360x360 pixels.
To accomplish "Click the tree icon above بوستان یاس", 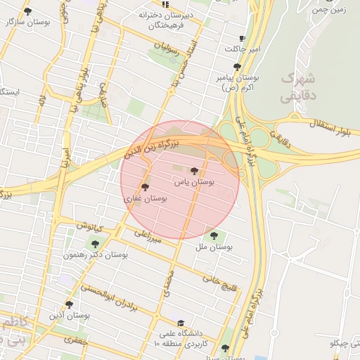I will [x=194, y=170].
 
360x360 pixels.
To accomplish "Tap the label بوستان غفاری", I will [x=145, y=200].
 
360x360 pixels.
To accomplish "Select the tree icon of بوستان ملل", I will [x=214, y=236].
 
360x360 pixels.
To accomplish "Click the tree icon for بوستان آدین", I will [x=69, y=304].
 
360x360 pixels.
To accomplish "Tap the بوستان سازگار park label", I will [x=28, y=22].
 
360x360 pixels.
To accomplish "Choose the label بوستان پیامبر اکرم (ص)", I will [x=236, y=84].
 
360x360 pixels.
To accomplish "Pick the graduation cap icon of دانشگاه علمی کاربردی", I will [x=181, y=324].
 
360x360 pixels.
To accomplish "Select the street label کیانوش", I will [x=90, y=226].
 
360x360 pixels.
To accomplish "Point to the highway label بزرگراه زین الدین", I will [x=152, y=148].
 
